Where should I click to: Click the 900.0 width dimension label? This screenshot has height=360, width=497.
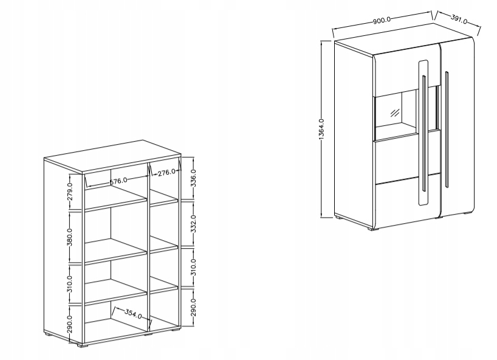tap(382, 20)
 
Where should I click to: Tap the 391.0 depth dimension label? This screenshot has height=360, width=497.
tap(459, 19)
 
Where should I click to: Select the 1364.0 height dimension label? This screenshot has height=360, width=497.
tap(321, 130)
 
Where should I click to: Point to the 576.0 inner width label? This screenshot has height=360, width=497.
tap(118, 181)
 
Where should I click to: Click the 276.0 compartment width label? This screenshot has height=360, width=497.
tap(166, 172)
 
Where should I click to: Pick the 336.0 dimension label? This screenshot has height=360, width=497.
tap(193, 178)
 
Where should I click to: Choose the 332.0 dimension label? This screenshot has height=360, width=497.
tap(193, 224)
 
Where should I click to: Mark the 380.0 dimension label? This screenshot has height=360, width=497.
tap(70, 237)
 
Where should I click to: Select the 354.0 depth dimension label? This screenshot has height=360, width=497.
tap(133, 314)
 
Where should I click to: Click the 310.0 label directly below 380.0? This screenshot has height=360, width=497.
tap(70, 284)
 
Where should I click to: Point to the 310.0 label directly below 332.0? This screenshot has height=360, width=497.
tap(193, 267)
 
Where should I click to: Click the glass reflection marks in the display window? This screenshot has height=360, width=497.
tap(394, 113)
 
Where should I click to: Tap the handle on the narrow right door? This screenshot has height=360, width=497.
tap(447, 130)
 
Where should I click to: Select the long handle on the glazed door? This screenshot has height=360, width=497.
tap(423, 133)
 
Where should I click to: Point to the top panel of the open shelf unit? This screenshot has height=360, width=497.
tap(112, 157)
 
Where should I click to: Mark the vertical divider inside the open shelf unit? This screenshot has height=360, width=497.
tap(148, 247)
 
